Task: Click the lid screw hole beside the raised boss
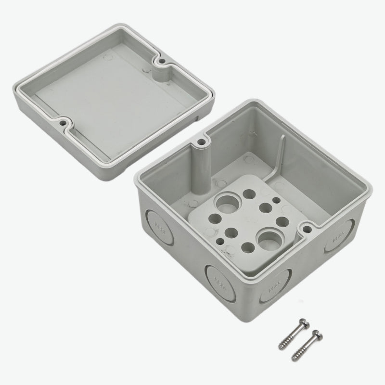pyautogui.click(x=162, y=61)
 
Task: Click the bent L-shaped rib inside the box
pyautogui.click(x=280, y=159)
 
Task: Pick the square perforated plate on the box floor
pyautogui.click(x=241, y=221)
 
